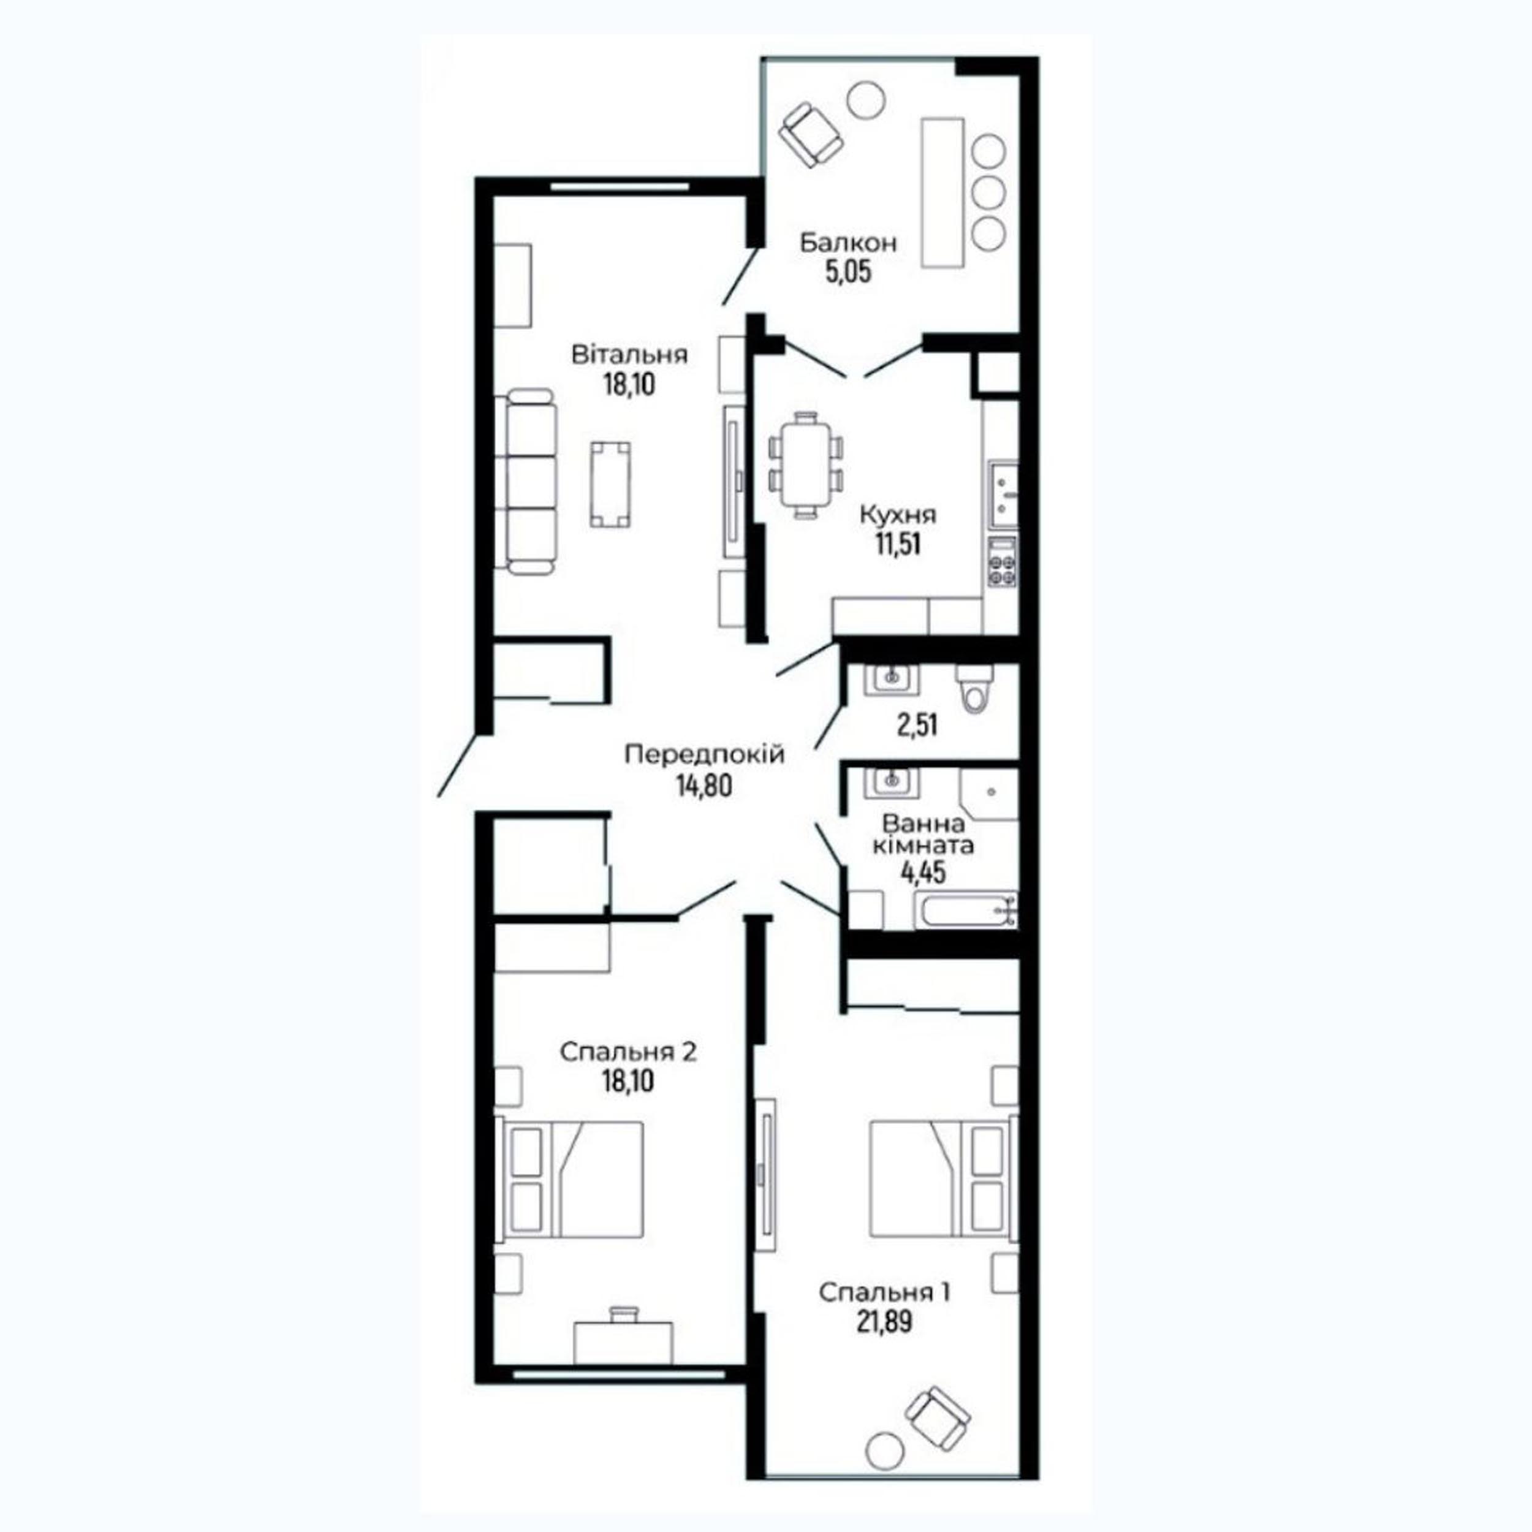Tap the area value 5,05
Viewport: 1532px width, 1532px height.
pyautogui.click(x=849, y=272)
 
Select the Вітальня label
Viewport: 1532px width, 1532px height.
pyautogui.click(x=629, y=354)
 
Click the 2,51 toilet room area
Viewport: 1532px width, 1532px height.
pyautogui.click(x=917, y=724)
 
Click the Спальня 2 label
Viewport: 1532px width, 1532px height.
pyautogui.click(x=628, y=1052)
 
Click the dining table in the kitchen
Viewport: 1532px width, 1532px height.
pyautogui.click(x=806, y=466)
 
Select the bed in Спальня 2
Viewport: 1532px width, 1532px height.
pyautogui.click(x=569, y=1178)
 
